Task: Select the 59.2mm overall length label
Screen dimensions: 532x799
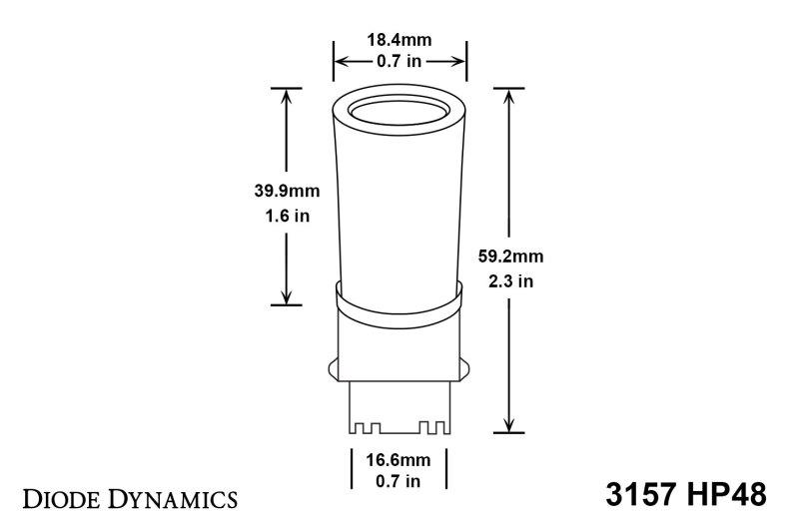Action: click(510, 256)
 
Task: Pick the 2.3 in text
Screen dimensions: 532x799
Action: click(510, 280)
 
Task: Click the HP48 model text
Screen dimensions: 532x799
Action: click(724, 495)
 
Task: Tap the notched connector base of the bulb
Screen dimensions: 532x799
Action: click(399, 409)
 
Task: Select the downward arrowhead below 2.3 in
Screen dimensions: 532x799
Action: click(510, 426)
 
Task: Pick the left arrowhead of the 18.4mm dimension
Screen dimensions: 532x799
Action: click(340, 61)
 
